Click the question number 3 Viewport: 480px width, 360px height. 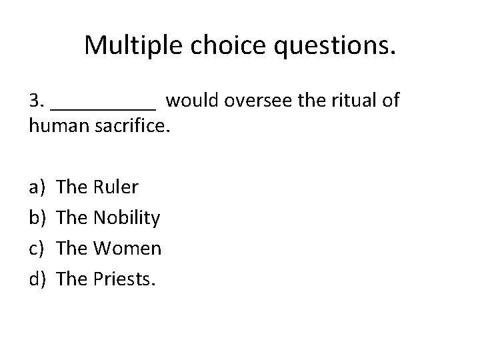[x=37, y=101]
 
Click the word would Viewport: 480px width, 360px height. [x=193, y=101]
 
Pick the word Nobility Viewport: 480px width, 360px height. [x=126, y=218]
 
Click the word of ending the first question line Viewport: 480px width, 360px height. [x=391, y=101]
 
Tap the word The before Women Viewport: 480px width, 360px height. [x=72, y=249]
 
